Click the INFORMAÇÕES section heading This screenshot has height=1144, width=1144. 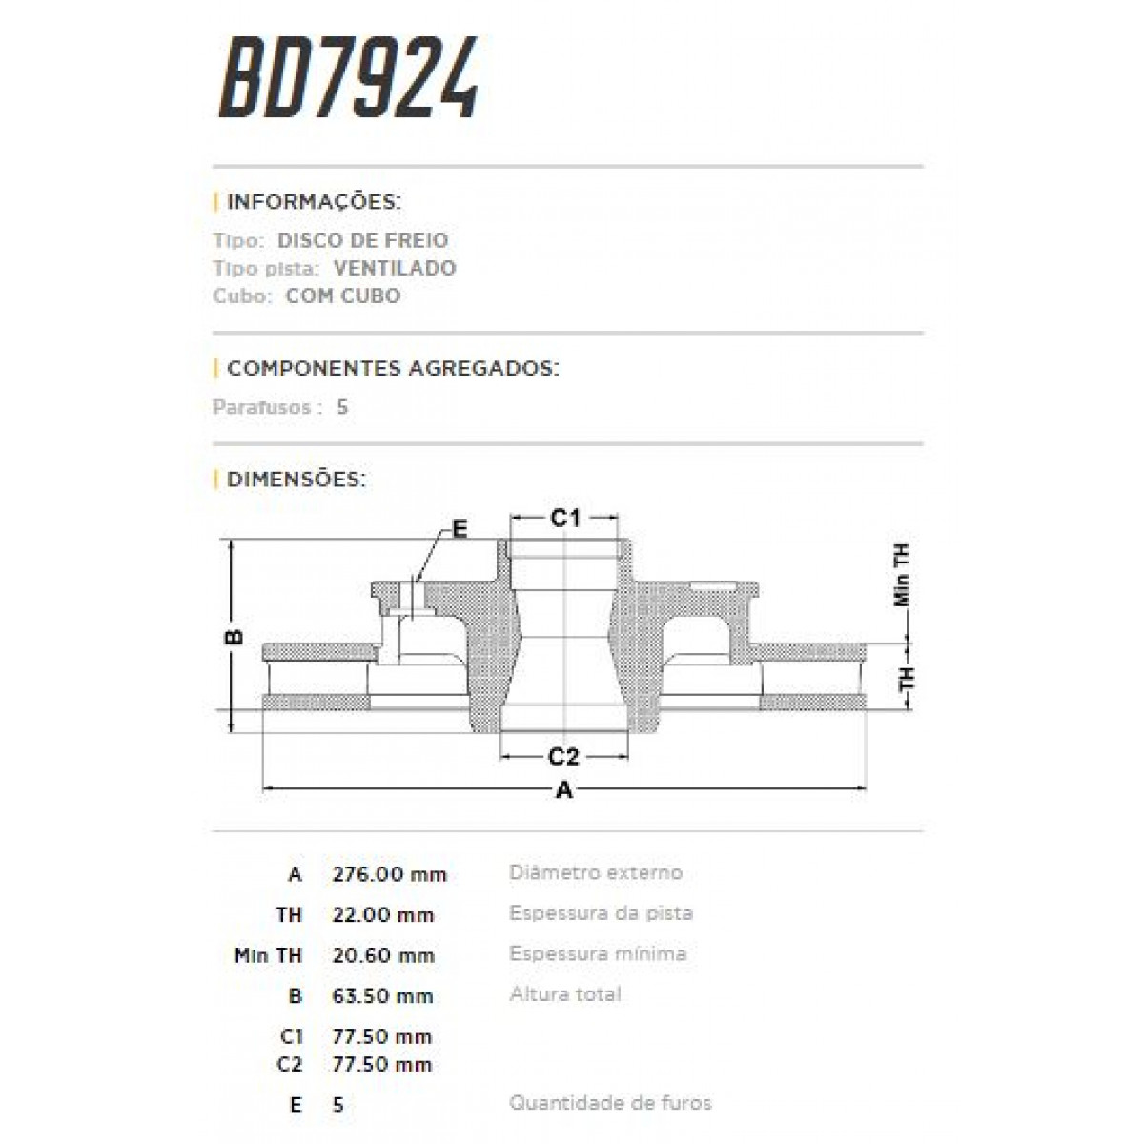point(314,202)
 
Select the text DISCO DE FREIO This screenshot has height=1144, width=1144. point(362,240)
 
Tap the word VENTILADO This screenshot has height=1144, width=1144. point(395,268)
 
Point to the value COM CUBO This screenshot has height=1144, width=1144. point(343,296)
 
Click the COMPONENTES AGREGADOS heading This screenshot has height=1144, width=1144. point(393,368)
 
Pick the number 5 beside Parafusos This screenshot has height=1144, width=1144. point(342,407)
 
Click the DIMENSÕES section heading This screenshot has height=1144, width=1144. point(296,479)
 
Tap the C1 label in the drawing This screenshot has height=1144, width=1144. point(565,518)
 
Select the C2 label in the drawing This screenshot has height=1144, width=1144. point(563,757)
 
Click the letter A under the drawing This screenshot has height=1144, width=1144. point(564,790)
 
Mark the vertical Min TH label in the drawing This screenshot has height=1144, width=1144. point(902,576)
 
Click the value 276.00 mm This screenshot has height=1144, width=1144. point(389,874)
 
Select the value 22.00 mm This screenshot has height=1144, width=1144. point(383,915)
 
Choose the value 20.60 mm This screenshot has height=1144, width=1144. point(383,955)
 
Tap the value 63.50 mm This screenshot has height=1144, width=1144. point(383,996)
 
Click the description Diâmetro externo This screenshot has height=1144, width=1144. point(596,872)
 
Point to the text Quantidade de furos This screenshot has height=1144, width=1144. point(610,1103)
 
